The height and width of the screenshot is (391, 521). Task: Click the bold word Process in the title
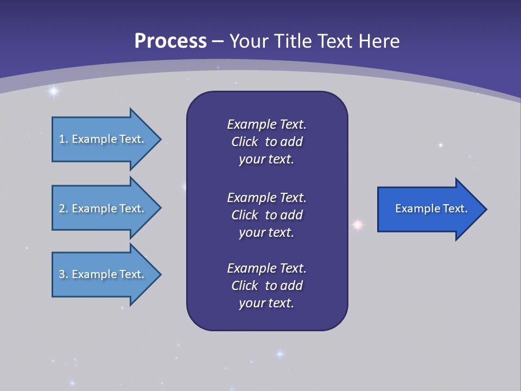click(170, 41)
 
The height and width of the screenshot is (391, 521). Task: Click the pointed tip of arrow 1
click(160, 139)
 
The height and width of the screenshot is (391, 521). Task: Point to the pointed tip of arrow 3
click(160, 274)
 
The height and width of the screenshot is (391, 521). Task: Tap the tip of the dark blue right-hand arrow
click(485, 209)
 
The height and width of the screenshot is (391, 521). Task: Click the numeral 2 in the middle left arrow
click(61, 209)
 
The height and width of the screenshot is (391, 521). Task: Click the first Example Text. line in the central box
click(266, 124)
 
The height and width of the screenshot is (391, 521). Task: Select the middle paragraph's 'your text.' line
click(266, 232)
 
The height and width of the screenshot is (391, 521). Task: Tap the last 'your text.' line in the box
click(266, 303)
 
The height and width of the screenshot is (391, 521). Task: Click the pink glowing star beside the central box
click(358, 224)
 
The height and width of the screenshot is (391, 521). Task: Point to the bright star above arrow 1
click(53, 91)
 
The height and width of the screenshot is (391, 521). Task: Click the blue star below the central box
click(280, 354)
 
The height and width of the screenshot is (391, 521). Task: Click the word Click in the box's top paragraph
click(244, 142)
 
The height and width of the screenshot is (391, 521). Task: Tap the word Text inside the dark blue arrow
click(455, 209)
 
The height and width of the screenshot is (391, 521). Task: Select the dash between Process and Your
click(218, 41)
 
